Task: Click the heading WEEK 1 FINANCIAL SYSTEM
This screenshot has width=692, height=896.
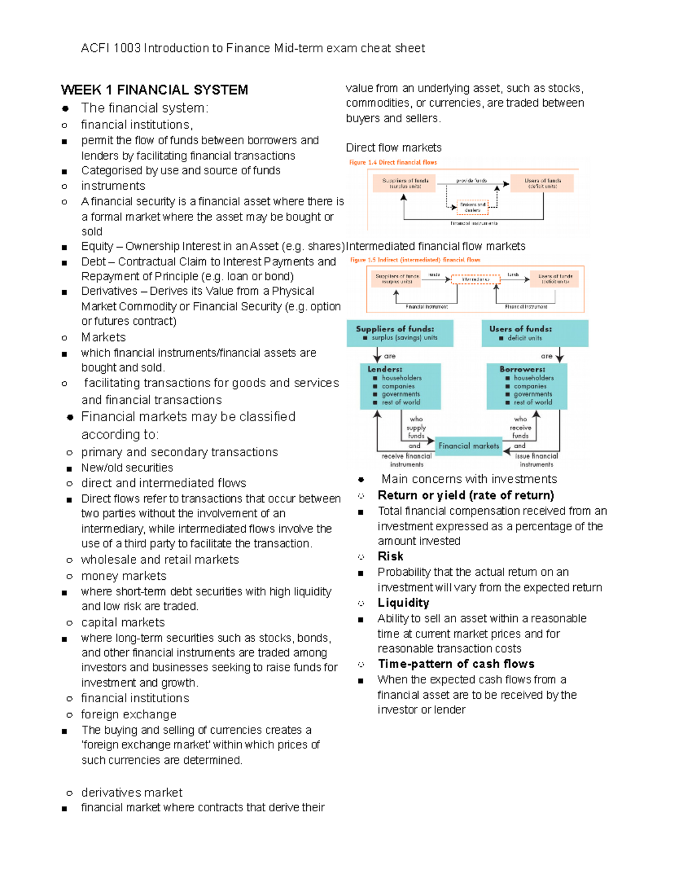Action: (155, 90)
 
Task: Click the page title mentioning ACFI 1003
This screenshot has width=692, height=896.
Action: (253, 48)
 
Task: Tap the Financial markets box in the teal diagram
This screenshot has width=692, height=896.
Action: (468, 446)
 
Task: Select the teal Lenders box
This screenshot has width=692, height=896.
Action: (400, 386)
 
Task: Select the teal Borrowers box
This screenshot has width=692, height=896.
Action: (526, 386)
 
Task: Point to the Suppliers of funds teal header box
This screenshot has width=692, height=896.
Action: (400, 333)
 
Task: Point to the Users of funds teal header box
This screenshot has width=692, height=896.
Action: (535, 333)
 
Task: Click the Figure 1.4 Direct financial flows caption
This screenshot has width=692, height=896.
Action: (393, 162)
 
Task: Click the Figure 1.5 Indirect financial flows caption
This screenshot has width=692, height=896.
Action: (415, 260)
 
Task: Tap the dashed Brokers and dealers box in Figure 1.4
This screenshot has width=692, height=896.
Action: (472, 207)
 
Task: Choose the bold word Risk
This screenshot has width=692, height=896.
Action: (390, 556)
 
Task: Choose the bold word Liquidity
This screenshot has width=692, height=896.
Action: (403, 603)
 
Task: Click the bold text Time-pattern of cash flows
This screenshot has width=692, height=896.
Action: (456, 664)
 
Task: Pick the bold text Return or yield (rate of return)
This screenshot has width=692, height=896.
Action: (465, 495)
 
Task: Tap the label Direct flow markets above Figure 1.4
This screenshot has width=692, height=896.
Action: (393, 148)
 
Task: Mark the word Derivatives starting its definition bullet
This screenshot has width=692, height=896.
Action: (109, 291)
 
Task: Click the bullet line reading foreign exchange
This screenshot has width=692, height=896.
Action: (129, 714)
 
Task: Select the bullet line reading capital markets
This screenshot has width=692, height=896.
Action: (123, 623)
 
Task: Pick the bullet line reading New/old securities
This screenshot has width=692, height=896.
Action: (127, 467)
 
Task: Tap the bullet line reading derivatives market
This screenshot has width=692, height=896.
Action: (131, 792)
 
